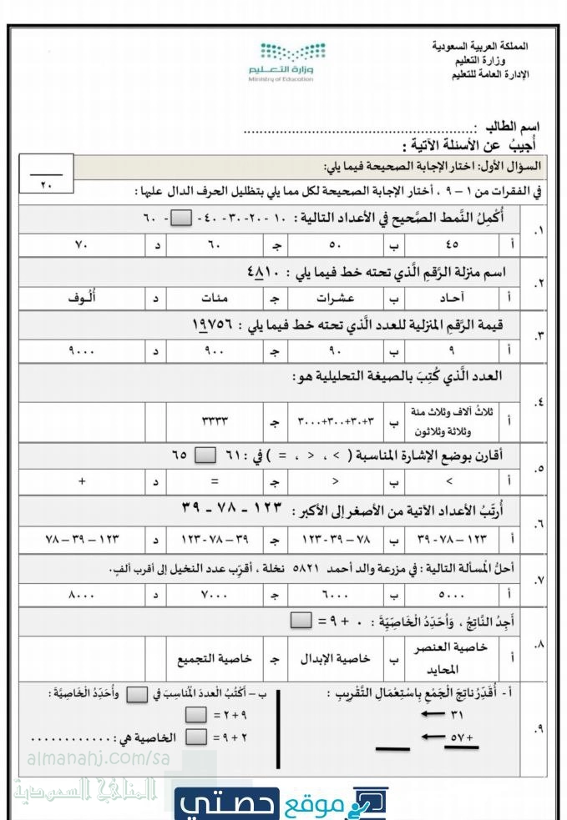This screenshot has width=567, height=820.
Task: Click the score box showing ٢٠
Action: coord(45,176)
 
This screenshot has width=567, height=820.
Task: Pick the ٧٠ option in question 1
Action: coord(82,245)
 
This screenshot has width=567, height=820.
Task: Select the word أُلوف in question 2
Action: coord(81,297)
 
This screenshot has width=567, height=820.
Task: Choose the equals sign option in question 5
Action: coord(215,480)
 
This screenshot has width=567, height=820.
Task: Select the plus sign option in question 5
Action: coord(82,480)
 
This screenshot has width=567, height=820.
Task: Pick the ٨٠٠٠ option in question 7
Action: coord(82,596)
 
